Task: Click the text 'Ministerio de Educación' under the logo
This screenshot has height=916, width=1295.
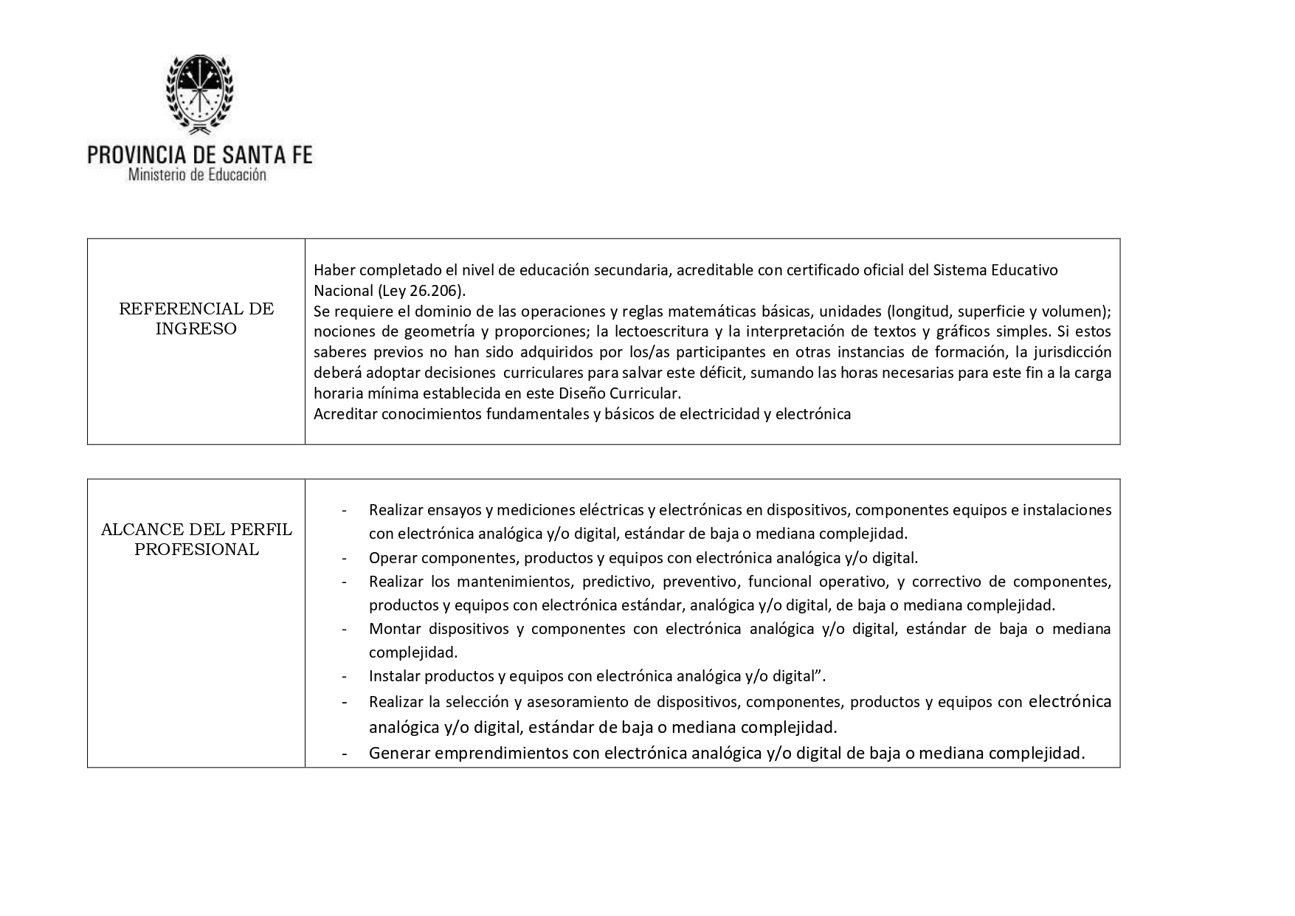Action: click(x=197, y=176)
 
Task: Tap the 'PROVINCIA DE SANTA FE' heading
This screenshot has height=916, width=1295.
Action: click(x=200, y=154)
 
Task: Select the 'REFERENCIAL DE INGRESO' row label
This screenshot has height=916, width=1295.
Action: click(x=196, y=319)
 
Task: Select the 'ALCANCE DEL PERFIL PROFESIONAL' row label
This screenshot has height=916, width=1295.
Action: click(x=196, y=540)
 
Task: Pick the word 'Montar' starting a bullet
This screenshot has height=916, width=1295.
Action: click(x=395, y=629)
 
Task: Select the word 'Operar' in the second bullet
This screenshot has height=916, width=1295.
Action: click(x=393, y=558)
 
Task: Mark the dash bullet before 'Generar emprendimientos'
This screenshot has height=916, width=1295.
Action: click(x=345, y=754)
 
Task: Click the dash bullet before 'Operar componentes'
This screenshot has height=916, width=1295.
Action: click(x=345, y=558)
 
